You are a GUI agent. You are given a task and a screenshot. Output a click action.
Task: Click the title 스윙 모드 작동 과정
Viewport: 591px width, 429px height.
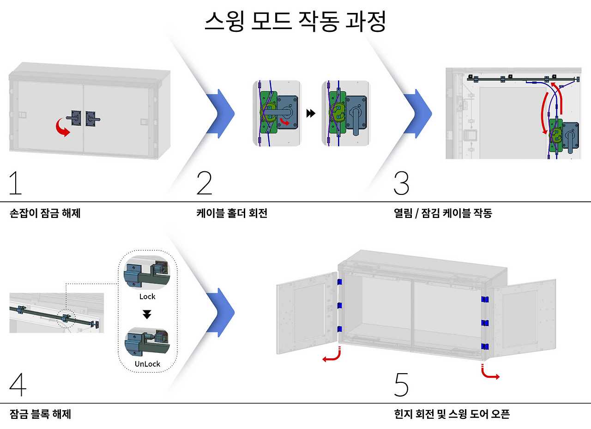(295, 22)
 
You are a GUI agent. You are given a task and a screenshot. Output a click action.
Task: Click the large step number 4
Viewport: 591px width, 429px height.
(18, 384)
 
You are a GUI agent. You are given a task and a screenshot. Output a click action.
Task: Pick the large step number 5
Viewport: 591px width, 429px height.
(402, 384)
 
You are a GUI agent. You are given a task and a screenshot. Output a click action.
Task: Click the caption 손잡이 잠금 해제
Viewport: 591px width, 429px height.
(45, 213)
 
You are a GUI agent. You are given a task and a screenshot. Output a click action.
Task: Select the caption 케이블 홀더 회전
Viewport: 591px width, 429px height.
(232, 213)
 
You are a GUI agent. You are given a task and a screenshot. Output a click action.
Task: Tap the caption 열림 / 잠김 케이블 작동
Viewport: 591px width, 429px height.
(443, 213)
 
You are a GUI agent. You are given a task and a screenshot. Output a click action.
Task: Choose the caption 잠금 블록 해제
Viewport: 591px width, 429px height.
(40, 414)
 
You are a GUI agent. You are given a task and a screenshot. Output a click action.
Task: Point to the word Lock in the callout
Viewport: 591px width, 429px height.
(147, 296)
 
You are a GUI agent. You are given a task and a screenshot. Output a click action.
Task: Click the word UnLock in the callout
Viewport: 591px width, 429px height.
(147, 364)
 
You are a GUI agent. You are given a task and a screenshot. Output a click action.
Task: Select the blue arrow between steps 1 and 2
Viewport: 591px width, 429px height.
(220, 113)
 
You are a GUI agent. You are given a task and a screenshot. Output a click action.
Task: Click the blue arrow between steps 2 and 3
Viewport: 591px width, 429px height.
(417, 113)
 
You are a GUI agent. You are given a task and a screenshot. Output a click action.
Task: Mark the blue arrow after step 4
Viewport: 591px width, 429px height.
(220, 312)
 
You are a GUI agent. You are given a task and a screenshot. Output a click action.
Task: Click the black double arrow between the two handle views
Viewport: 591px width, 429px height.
(311, 113)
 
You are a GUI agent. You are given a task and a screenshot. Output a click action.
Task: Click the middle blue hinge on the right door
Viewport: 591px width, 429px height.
(485, 322)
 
